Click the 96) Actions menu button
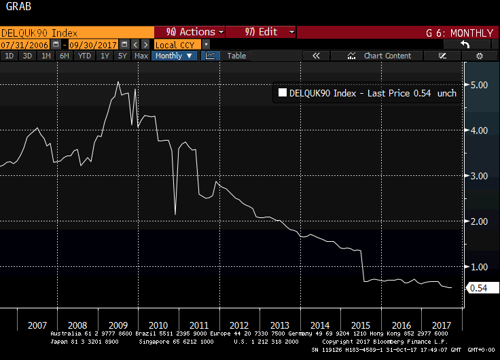coord(190,32)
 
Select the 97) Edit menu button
coord(261,32)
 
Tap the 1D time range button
coord(10,56)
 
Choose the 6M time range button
coord(64,56)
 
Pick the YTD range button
coord(84,56)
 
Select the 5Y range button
coord(122,56)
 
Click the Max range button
coord(141,56)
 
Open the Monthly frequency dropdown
coord(174,56)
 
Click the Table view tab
coord(236,56)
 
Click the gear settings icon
coord(479,56)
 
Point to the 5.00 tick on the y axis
coord(480,85)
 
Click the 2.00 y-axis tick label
coord(480,221)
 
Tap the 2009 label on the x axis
coord(118,325)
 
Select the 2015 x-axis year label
coord(362,325)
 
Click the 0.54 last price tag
coord(479,289)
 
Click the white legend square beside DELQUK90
coord(282,94)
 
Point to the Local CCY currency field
coord(175,44)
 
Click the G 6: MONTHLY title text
coord(459,32)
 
